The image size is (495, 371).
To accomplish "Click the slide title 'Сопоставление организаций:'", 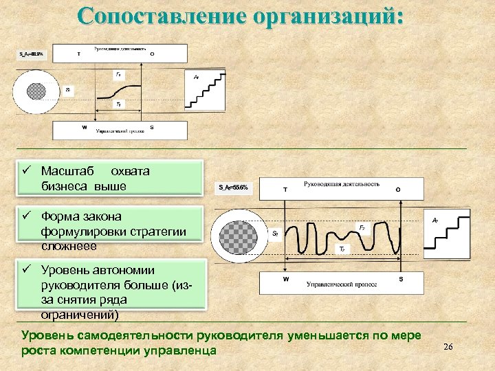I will [x=240, y=16].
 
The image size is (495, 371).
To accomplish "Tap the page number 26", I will [x=448, y=347].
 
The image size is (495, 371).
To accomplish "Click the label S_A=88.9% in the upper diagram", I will [x=30, y=54].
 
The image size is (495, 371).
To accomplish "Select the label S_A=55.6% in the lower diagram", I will [x=233, y=187].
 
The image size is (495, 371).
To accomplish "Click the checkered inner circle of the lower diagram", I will [x=236, y=234].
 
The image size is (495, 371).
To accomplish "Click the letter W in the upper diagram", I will [x=84, y=127].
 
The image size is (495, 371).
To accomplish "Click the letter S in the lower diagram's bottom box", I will [x=401, y=280].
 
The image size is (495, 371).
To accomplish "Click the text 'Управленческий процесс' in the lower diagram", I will [x=334, y=283].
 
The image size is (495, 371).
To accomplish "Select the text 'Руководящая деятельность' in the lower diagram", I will [x=341, y=184].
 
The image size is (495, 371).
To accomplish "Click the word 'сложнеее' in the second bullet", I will [x=69, y=246].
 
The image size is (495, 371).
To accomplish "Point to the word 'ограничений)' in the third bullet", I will [x=79, y=315].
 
